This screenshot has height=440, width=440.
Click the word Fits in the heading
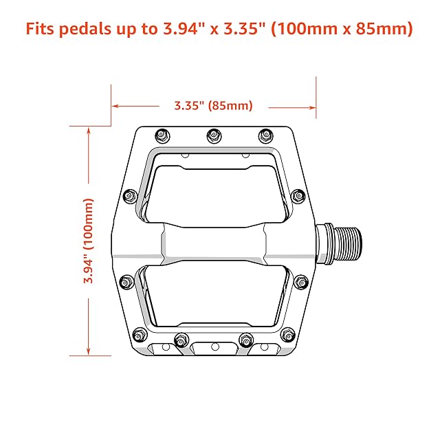pos(40,28)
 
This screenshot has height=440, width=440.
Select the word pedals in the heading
pos(85,29)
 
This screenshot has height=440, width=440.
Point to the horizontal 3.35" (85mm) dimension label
pos(214,106)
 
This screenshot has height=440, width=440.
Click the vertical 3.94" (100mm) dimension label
pos(89,241)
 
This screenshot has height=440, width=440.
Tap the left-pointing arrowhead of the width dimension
pos(115,106)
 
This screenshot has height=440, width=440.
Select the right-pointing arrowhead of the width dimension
pos(311,107)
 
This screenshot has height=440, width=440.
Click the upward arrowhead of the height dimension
pos(89,131)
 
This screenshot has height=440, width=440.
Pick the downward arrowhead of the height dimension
pos(89,351)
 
